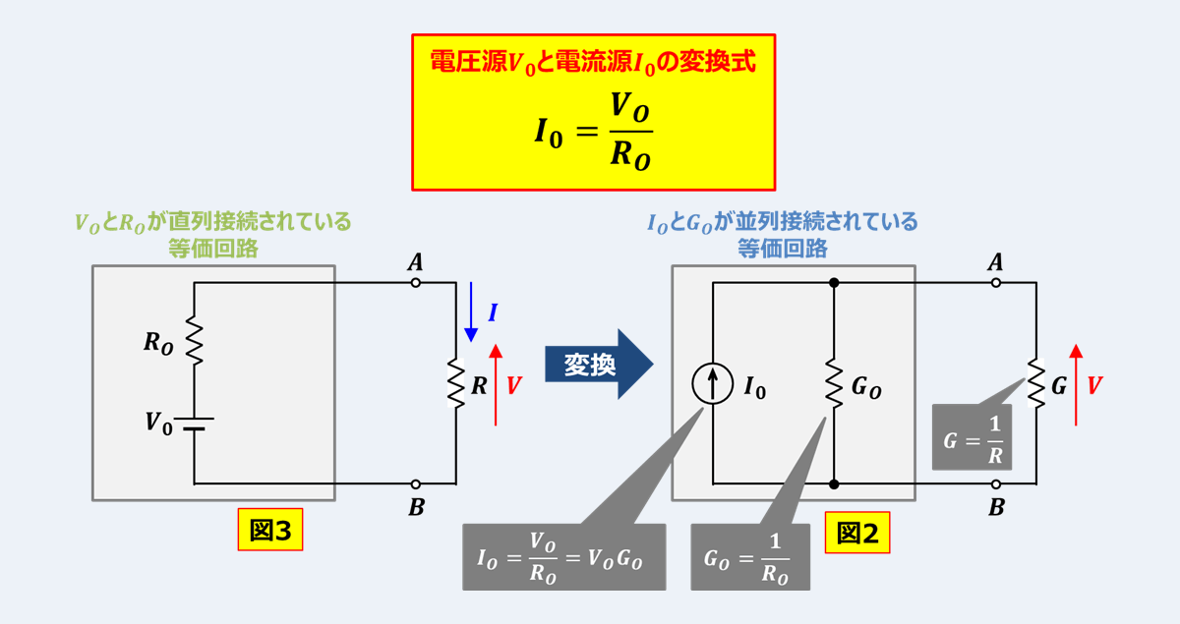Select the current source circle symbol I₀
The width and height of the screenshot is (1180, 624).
712,383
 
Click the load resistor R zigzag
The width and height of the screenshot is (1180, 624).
456,383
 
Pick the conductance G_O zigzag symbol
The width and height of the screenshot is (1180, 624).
834,383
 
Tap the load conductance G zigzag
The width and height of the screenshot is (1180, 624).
1035,383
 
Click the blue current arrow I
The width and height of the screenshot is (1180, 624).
471,311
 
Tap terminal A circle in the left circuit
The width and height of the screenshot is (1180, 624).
416,283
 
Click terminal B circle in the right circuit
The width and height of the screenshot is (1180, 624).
996,484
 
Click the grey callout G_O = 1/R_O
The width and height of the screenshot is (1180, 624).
750,557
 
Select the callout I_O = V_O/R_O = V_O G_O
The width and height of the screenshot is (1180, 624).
563,557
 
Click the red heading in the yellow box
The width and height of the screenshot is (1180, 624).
593,62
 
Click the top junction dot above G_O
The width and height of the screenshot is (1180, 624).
834,283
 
